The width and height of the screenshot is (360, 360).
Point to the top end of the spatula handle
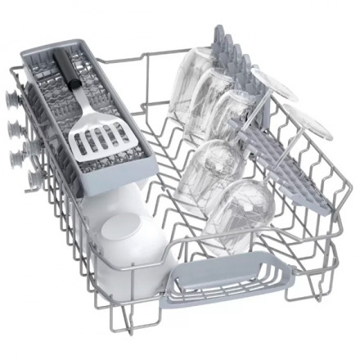[x=59, y=55]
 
